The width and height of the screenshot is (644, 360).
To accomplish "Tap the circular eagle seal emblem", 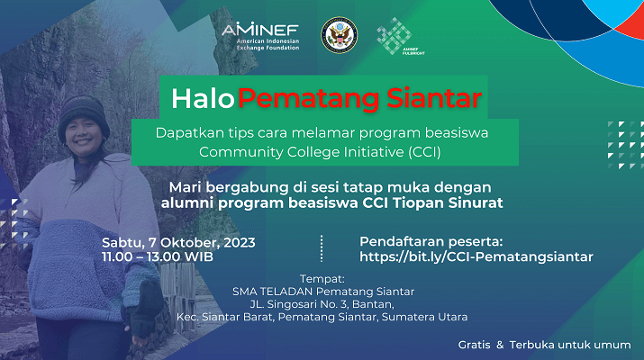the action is point(339,35).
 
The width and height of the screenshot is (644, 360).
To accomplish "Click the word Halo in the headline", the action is point(203,99).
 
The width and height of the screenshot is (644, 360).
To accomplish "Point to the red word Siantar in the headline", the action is point(434,98).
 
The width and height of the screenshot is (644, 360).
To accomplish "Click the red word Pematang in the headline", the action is point(309,100).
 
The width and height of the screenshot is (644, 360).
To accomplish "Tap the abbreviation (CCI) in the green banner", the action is point(424,152).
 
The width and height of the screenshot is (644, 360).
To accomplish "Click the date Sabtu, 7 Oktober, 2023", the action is point(178,243).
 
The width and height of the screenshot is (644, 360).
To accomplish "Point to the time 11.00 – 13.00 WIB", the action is point(158,257).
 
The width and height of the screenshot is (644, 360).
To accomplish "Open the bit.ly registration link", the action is point(476,257).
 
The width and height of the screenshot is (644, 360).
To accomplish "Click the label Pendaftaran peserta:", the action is point(431,241).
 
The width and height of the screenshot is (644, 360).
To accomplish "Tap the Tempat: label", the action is point(322,279).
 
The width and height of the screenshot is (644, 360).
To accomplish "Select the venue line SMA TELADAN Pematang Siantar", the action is point(323,292).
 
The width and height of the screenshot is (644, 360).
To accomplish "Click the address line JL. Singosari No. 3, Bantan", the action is point(322,304).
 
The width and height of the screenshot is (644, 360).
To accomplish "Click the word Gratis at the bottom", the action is point(475,345).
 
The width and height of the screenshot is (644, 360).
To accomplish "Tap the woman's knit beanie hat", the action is point(84,116).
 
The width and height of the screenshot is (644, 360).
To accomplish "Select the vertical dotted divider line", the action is point(322,248).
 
